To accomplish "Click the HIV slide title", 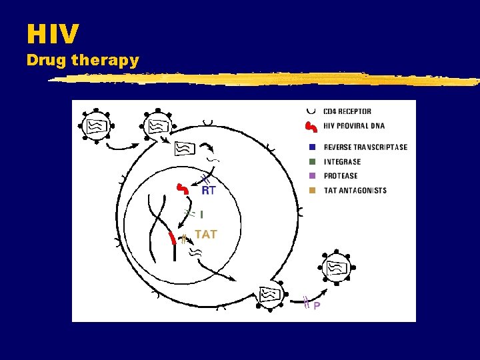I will point(53,33).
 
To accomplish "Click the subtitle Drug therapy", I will point(83,60).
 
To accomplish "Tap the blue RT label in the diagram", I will point(209,190).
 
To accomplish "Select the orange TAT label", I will point(205,235).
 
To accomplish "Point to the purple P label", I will point(317,306).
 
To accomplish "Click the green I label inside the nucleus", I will point(202,214).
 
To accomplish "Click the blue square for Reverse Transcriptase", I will point(312,147).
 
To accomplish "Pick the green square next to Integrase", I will point(312,161).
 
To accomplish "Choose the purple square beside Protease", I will point(312,176).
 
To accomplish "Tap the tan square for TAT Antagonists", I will point(312,191).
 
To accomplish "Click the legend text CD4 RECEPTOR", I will point(347,111).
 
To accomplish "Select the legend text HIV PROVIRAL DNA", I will point(353,126).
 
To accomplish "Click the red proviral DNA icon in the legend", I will point(311,126).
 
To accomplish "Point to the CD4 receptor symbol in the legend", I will point(311,110).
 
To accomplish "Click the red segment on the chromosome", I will point(173,237).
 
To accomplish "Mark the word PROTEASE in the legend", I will point(341,176).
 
